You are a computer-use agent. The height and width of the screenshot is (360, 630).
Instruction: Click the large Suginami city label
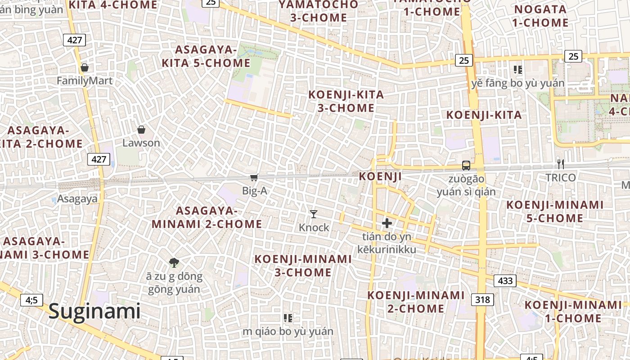click(x=94, y=311)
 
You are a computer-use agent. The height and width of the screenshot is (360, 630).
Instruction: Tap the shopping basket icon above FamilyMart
click(x=84, y=68)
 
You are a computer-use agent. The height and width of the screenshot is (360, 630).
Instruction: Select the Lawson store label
click(x=141, y=143)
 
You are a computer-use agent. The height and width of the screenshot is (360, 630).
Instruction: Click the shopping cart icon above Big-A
click(x=254, y=177)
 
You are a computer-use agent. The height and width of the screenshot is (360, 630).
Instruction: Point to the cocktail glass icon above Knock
click(x=314, y=214)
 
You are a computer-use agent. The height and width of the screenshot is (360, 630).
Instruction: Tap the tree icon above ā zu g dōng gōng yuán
click(x=174, y=262)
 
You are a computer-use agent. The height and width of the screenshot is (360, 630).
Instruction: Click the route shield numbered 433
click(x=505, y=281)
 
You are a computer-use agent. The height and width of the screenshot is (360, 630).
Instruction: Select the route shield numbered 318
click(x=482, y=299)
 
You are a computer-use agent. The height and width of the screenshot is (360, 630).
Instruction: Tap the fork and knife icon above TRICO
click(x=560, y=164)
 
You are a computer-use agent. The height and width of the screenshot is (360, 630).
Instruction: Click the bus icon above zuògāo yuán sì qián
click(x=466, y=165)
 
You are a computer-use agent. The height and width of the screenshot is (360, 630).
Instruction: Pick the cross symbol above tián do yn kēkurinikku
click(x=387, y=223)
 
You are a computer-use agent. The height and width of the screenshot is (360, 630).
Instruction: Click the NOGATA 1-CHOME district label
click(x=540, y=16)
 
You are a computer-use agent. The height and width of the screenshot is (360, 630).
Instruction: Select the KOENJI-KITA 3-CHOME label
click(x=346, y=101)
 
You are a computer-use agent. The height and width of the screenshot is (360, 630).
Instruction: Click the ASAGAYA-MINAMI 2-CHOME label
click(x=207, y=217)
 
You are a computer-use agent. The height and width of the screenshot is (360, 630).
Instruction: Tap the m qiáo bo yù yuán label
click(x=288, y=332)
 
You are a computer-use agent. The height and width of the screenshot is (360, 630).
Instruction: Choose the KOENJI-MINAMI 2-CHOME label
click(x=416, y=301)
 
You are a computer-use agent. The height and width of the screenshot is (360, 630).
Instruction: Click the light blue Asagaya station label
click(x=77, y=199)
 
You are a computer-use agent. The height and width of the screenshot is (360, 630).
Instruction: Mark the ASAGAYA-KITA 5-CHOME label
click(x=206, y=56)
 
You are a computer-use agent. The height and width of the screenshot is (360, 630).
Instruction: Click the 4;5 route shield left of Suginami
click(x=31, y=300)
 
